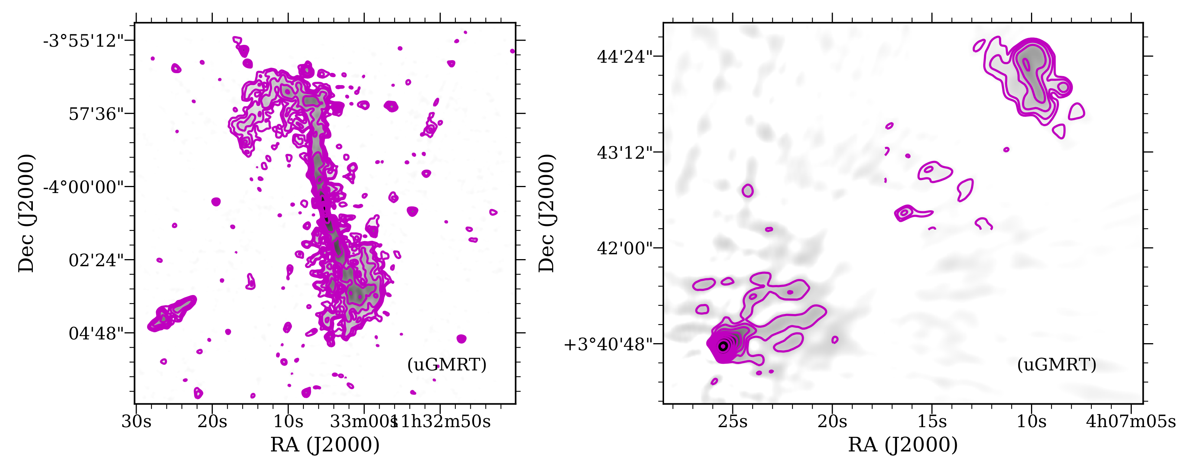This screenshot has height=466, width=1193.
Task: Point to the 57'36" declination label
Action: tap(96, 114)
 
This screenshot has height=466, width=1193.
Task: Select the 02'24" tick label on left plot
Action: tap(96, 260)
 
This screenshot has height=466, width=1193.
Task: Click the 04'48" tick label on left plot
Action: tap(96, 333)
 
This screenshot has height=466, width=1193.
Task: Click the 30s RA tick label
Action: tap(136, 422)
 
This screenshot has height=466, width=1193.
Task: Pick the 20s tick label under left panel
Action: tap(212, 422)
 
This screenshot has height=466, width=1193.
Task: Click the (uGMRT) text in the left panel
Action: tap(447, 364)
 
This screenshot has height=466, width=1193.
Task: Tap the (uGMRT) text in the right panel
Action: tap(1056, 364)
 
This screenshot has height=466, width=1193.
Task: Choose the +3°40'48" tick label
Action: tap(608, 345)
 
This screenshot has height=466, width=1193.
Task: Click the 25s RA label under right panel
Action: tap(733, 422)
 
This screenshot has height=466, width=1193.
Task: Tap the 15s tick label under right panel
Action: tap(932, 422)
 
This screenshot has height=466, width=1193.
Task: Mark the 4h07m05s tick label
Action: tap(1131, 422)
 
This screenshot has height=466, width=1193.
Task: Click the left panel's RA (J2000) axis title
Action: tap(325, 445)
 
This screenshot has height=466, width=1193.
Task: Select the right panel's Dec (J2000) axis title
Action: tap(546, 213)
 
